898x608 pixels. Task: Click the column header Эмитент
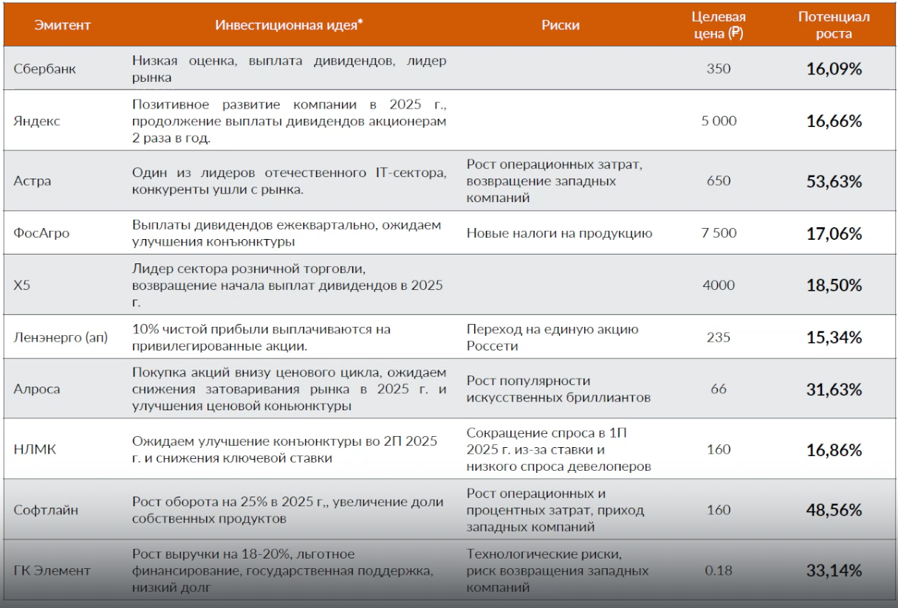[63, 25]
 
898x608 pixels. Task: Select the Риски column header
[561, 25]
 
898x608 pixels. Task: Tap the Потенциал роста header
[834, 25]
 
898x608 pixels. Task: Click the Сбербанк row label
[45, 69]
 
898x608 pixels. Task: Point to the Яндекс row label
[37, 121]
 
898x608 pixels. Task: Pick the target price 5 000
[719, 121]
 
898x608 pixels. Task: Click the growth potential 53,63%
[834, 181]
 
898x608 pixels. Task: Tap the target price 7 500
[719, 233]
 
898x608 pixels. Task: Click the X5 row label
[22, 285]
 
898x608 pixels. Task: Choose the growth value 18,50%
[834, 285]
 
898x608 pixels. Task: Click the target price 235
[719, 337]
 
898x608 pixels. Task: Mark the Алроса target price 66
[719, 389]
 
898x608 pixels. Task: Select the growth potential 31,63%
[834, 389]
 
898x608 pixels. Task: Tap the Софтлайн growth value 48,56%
[834, 510]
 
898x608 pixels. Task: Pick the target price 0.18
[719, 570]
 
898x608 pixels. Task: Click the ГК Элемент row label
[52, 570]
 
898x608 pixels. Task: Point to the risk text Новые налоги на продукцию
[559, 233]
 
